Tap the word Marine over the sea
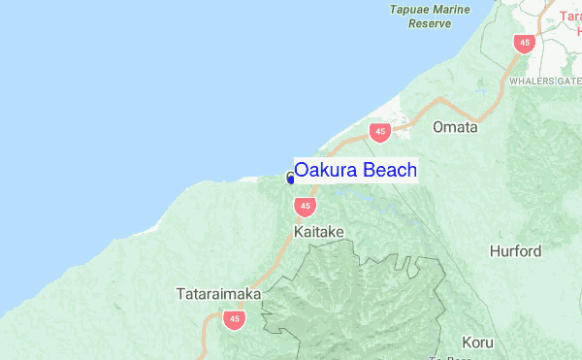[x=452, y=10]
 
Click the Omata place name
[x=455, y=127]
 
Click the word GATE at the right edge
[x=570, y=82]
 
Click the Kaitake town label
[x=318, y=232]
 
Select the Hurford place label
[x=515, y=251]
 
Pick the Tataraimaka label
[x=215, y=292]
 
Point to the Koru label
[x=477, y=343]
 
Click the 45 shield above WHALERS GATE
[x=525, y=43]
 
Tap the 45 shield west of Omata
[x=379, y=132]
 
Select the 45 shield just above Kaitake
[x=306, y=206]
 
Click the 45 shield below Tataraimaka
[x=233, y=317]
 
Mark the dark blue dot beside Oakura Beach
[x=290, y=179]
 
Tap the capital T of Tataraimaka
[x=181, y=292]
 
